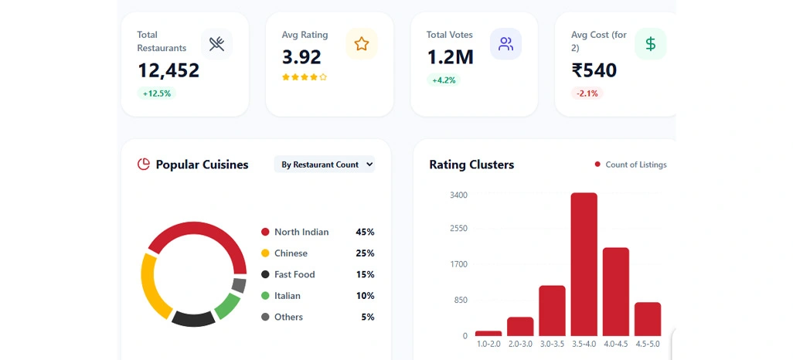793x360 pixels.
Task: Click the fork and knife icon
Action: pyautogui.click(x=216, y=44)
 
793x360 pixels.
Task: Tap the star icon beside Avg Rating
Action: pyautogui.click(x=361, y=44)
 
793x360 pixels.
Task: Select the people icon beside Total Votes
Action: pyautogui.click(x=505, y=44)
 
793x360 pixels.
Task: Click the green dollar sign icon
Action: pyautogui.click(x=650, y=44)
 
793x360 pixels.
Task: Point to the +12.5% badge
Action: pyautogui.click(x=157, y=93)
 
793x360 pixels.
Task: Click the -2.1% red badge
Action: pyautogui.click(x=587, y=93)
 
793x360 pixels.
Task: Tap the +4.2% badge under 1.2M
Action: pyautogui.click(x=443, y=80)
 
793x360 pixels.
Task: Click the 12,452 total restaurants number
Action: pyautogui.click(x=168, y=70)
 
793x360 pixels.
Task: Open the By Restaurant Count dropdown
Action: pyautogui.click(x=325, y=165)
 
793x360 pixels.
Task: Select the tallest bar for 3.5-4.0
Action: pyautogui.click(x=584, y=263)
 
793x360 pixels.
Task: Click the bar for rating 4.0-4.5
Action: pyautogui.click(x=615, y=291)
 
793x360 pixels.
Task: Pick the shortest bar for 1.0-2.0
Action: pyautogui.click(x=488, y=333)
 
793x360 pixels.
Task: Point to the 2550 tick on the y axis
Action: pyautogui.click(x=458, y=229)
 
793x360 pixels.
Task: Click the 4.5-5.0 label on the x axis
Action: pyautogui.click(x=647, y=344)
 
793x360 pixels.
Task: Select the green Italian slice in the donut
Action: pyautogui.click(x=226, y=306)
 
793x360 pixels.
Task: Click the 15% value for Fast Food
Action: pyautogui.click(x=365, y=274)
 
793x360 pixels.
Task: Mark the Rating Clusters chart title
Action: pyautogui.click(x=471, y=165)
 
